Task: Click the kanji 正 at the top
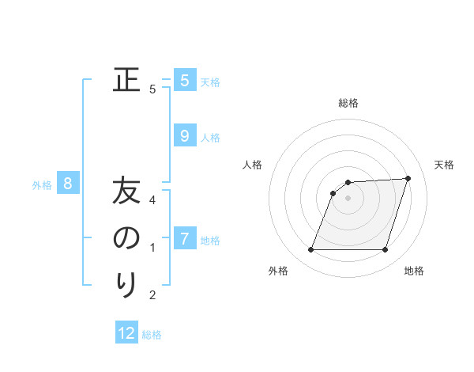point(126,80)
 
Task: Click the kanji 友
point(126,192)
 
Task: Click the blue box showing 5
point(184,80)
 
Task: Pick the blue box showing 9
point(184,136)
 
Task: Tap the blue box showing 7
point(184,238)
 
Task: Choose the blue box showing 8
point(68,184)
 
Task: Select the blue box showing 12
point(126,333)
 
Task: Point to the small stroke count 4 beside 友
point(152,199)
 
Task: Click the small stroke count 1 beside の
point(152,248)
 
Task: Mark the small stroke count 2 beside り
point(152,295)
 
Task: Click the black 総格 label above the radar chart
point(348,103)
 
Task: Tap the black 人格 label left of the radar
point(253,165)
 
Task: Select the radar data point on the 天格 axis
point(408,179)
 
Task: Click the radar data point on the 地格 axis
point(385,250)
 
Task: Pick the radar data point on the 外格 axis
point(310,250)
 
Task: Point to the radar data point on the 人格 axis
point(333,193)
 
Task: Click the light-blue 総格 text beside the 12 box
point(152,335)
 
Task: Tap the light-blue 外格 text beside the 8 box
point(42,185)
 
